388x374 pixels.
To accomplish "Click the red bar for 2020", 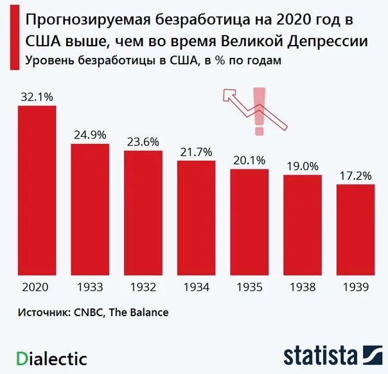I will pos(37,190).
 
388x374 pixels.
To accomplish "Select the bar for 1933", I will pos(90,209).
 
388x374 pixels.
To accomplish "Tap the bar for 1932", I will pos(143,213).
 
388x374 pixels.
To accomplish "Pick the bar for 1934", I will pos(196,218).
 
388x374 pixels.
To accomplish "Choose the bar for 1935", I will pos(249,222).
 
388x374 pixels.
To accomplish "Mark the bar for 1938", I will pos(302,225).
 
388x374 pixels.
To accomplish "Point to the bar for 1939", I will pos(355,229).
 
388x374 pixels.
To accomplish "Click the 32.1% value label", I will pos(37,97).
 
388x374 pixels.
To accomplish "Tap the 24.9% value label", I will pos(90,135).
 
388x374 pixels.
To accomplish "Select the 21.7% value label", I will pos(196,152).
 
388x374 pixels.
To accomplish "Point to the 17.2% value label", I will pos(355,175).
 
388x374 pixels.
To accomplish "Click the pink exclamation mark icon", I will pos(258,111).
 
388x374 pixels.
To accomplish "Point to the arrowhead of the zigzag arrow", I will pos(229,95).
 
